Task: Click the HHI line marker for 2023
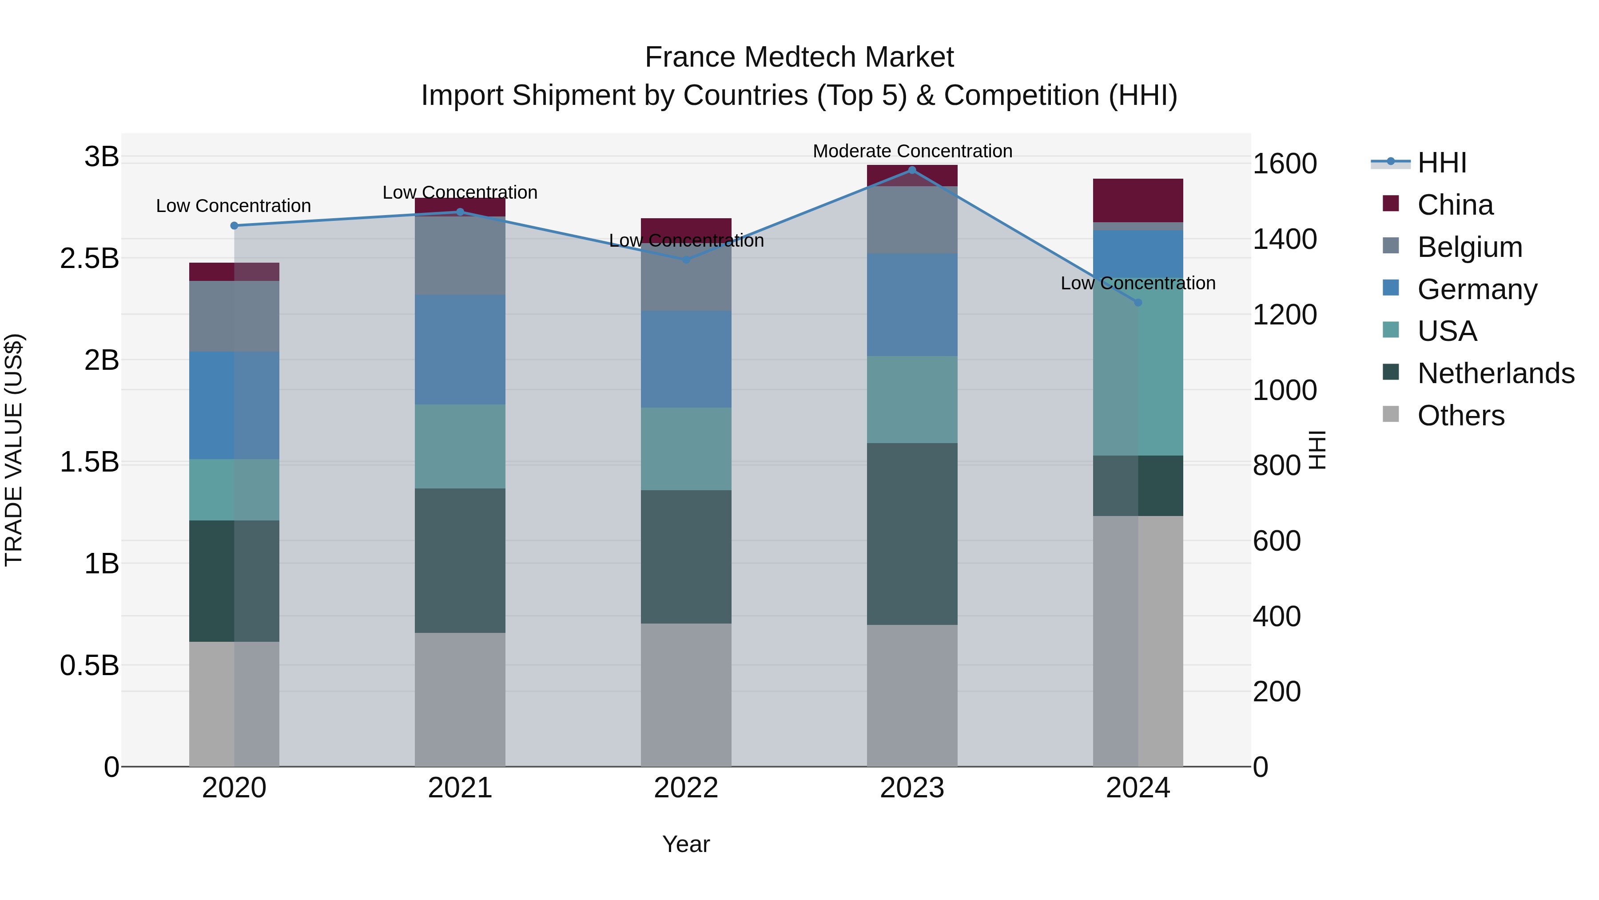[x=912, y=170]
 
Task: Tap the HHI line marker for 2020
[x=234, y=225]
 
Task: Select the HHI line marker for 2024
[x=1138, y=303]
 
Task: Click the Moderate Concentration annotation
[x=912, y=151]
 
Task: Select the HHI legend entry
[x=1441, y=163]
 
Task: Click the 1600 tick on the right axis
[x=1284, y=164]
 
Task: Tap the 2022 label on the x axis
[x=686, y=788]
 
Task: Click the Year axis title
[x=686, y=844]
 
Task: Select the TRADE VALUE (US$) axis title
[x=14, y=450]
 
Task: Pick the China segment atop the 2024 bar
[x=1138, y=200]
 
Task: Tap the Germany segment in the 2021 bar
[x=460, y=350]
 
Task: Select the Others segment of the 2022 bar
[x=686, y=694]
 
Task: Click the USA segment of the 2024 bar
[x=1138, y=367]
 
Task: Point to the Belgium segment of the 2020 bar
[x=234, y=316]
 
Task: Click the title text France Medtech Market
[x=799, y=57]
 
